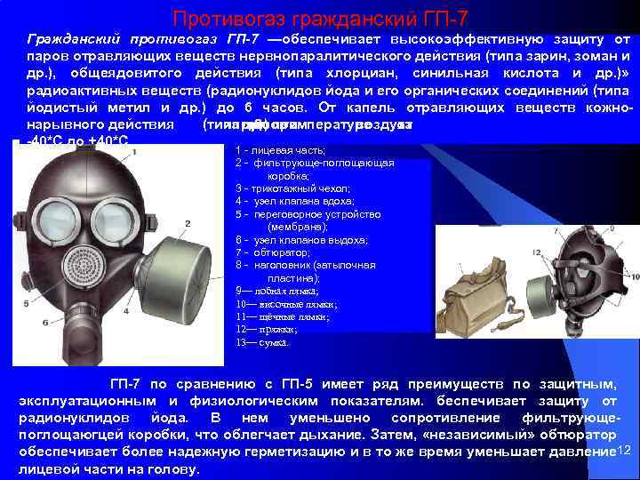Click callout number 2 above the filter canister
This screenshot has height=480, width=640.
[188, 223]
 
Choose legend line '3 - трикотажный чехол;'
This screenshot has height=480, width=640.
[293, 188]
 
